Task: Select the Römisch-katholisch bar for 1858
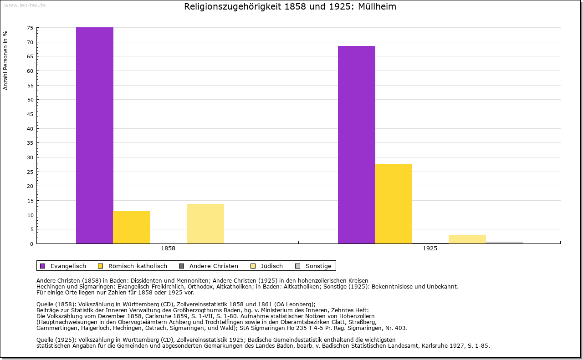coord(132,227)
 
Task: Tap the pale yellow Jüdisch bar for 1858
coord(205,223)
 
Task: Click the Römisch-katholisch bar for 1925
coord(394,203)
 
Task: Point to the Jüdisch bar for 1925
coord(467,239)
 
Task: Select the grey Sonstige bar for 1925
coord(504,242)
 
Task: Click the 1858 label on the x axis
coord(168,248)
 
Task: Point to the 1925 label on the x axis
coord(430,248)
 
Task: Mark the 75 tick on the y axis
coord(30,28)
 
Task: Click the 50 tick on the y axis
coord(30,100)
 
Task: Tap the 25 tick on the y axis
coord(30,172)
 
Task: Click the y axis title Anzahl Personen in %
coord(5,60)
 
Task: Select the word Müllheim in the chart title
coord(377,7)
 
